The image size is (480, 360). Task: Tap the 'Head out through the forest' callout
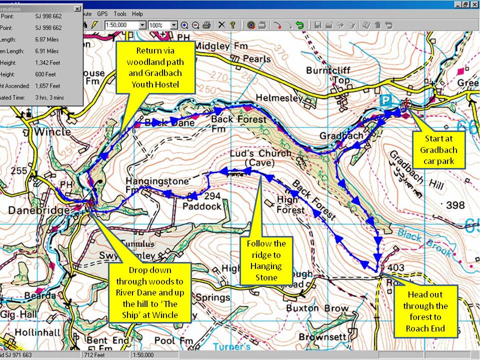point(425,311)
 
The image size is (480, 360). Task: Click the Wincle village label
point(53,133)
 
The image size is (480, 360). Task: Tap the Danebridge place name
point(39,211)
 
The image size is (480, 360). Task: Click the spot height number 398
point(455,205)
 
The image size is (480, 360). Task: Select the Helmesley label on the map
point(279,98)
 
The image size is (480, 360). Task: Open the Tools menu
point(120,14)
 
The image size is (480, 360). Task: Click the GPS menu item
point(102,14)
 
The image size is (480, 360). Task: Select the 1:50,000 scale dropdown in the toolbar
point(125,25)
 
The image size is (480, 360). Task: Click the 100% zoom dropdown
point(162,25)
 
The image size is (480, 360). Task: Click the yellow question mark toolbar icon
point(232,25)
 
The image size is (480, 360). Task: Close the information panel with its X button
point(77,8)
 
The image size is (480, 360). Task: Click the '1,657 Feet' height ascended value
point(48,86)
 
